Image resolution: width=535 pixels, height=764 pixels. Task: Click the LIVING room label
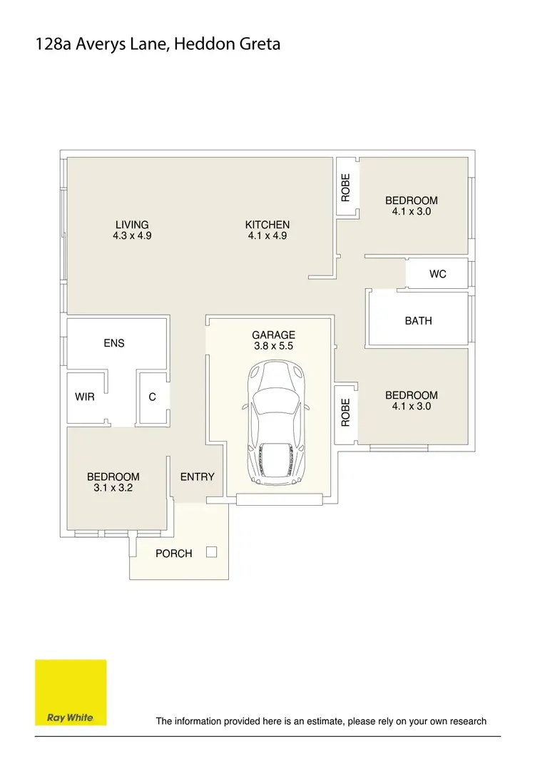[132, 225]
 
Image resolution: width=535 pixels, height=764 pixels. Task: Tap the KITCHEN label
[267, 225]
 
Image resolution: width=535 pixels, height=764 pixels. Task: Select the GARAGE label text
[273, 335]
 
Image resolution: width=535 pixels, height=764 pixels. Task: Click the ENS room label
[114, 343]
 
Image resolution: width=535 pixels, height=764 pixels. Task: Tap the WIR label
[85, 397]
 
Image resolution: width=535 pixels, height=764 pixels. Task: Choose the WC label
[438, 274]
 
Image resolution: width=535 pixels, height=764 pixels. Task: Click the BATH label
[418, 320]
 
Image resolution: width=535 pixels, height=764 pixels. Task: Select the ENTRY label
[197, 477]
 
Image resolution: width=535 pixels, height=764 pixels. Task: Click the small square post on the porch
[211, 551]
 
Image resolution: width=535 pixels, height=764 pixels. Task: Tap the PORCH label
[174, 554]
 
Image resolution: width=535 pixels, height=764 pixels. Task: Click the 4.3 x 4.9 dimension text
[132, 235]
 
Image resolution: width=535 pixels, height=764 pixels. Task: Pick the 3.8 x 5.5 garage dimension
[273, 346]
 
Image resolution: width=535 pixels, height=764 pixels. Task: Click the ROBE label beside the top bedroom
[346, 187]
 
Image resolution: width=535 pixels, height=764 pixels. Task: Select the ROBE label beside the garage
[346, 412]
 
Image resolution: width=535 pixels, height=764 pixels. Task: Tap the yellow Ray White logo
[71, 692]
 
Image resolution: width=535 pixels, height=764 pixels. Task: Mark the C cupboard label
[152, 397]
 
